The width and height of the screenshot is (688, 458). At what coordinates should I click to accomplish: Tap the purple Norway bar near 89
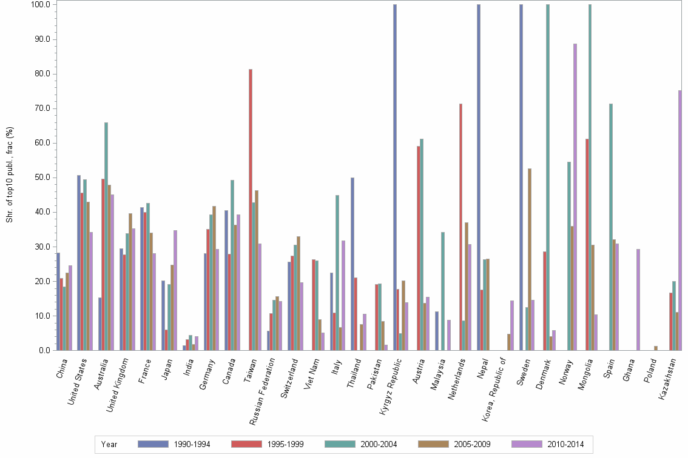pos(575,197)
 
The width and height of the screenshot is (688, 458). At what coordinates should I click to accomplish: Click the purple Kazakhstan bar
pos(680,221)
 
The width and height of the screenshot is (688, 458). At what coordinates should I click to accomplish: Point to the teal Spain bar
pos(611,227)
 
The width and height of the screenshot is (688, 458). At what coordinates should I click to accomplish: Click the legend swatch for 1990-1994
pos(153,444)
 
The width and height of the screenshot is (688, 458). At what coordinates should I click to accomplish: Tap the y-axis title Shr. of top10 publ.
pos(9,175)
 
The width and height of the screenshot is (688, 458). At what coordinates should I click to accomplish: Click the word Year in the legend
pos(109,444)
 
